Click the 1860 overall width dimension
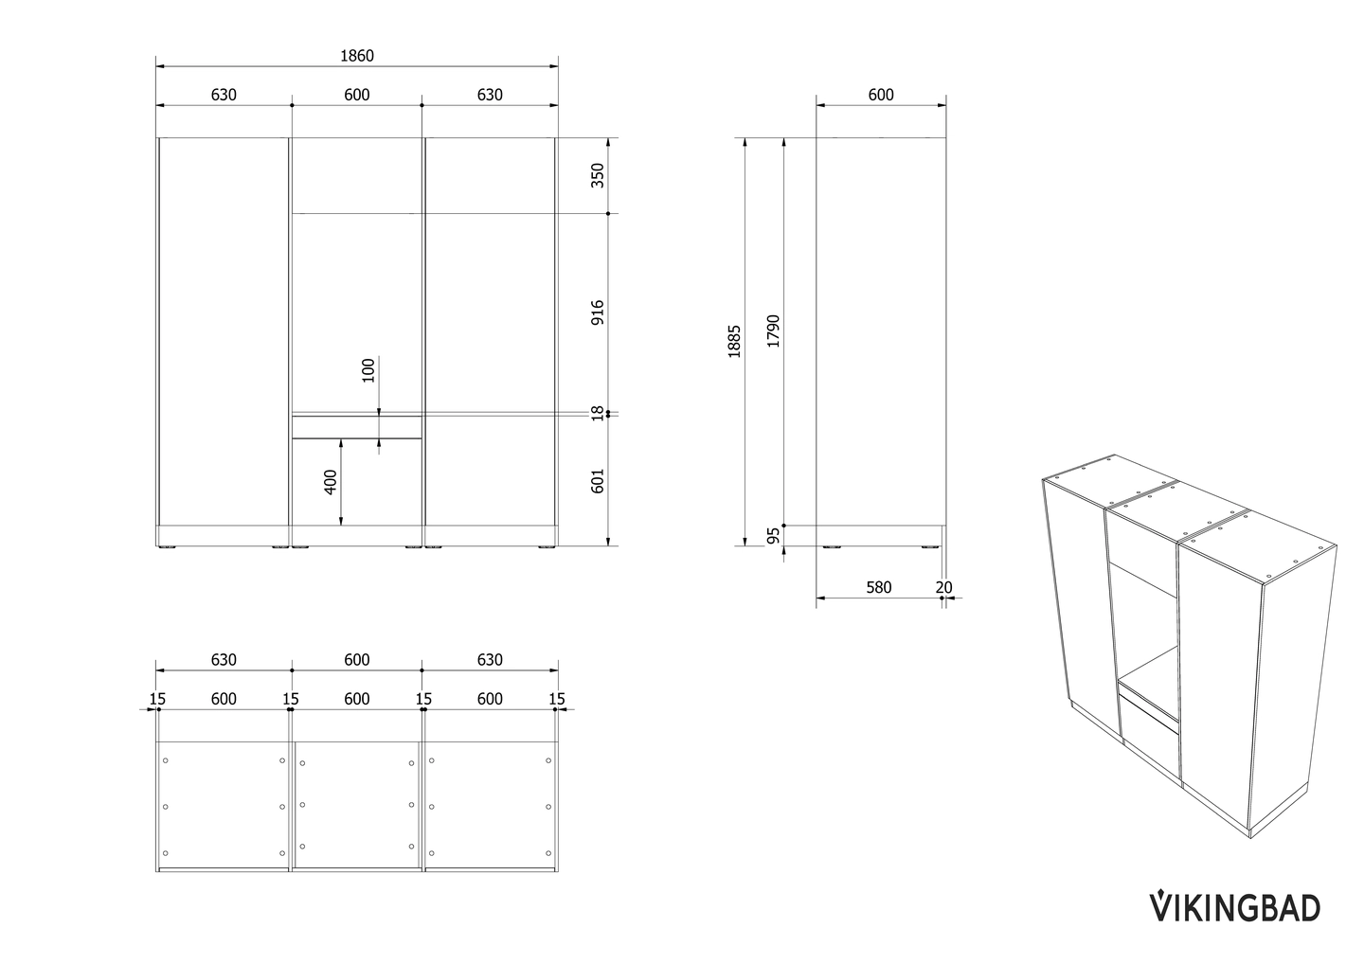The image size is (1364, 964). (x=357, y=56)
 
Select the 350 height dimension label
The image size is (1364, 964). (x=598, y=175)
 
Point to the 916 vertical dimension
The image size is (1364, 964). (x=598, y=312)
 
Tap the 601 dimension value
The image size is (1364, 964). (x=598, y=481)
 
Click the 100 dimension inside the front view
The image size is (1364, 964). (x=368, y=370)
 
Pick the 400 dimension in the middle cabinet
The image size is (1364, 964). (x=330, y=482)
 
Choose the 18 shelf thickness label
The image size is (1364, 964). (x=598, y=413)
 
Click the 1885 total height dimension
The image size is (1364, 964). (x=734, y=342)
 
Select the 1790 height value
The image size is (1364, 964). (x=773, y=331)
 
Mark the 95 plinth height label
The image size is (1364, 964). (x=773, y=536)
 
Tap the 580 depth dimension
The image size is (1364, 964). (x=879, y=587)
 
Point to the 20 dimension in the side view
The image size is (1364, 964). (x=943, y=587)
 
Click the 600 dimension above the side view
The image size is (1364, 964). (x=881, y=95)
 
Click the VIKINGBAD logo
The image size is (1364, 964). (x=1235, y=907)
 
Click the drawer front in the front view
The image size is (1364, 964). (x=357, y=427)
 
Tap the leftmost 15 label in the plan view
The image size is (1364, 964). (x=157, y=699)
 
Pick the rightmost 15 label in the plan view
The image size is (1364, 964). (x=557, y=699)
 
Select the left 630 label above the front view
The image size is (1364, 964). (x=224, y=95)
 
